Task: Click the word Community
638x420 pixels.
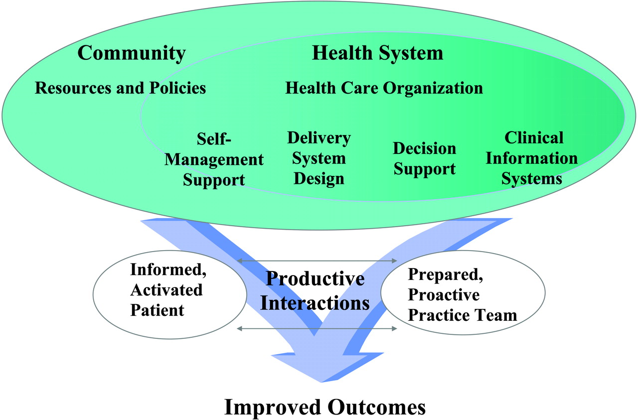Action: tap(132, 53)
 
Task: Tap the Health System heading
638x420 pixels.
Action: tap(378, 53)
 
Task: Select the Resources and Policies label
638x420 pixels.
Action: tap(120, 88)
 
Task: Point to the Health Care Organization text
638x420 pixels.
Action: tap(384, 88)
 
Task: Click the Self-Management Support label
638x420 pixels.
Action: tap(214, 159)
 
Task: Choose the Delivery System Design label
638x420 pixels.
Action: tap(319, 158)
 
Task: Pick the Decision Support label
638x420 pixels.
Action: tap(424, 158)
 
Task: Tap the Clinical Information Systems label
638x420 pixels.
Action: tap(532, 158)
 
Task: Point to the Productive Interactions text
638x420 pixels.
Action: tap(315, 291)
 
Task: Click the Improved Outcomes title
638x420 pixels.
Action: tap(325, 407)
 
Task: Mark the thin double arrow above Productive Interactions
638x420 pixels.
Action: tap(317, 261)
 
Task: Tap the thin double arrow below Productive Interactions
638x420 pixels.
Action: tap(317, 329)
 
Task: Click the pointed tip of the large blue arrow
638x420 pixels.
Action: tap(322, 382)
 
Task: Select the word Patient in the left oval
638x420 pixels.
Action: tap(157, 310)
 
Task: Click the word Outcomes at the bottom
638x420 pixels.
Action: tap(376, 407)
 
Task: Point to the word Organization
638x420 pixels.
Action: tap(433, 88)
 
